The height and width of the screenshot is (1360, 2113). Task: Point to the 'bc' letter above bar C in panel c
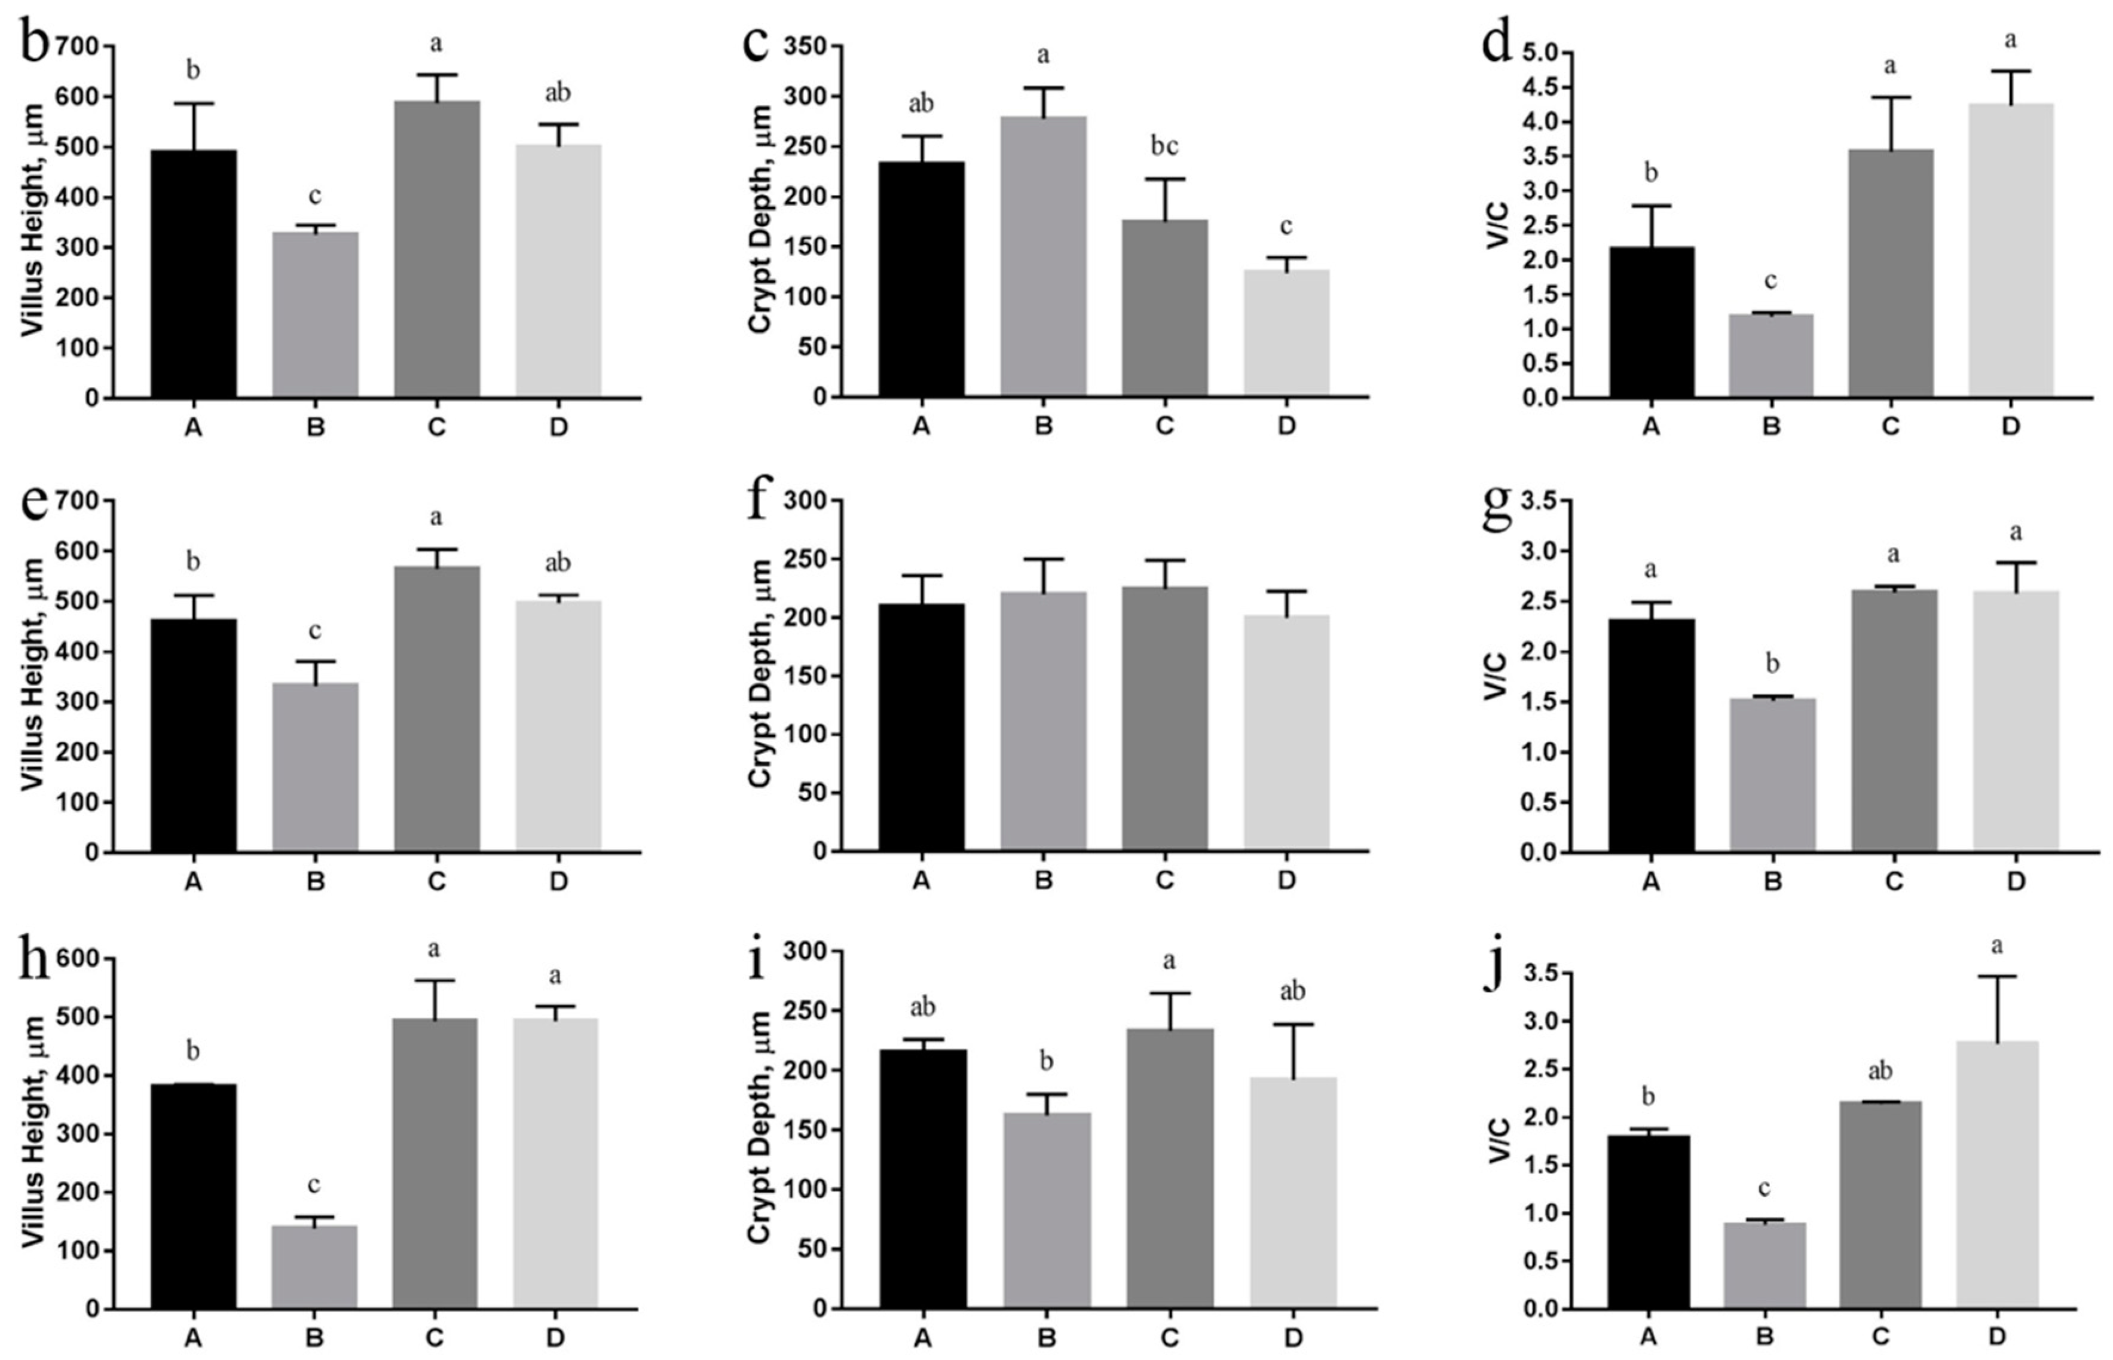1164,146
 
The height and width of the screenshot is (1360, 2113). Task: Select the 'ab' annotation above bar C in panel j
1880,1072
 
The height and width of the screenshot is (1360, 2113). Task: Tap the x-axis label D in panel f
1286,881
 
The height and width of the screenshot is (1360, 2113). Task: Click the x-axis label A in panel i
923,1338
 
